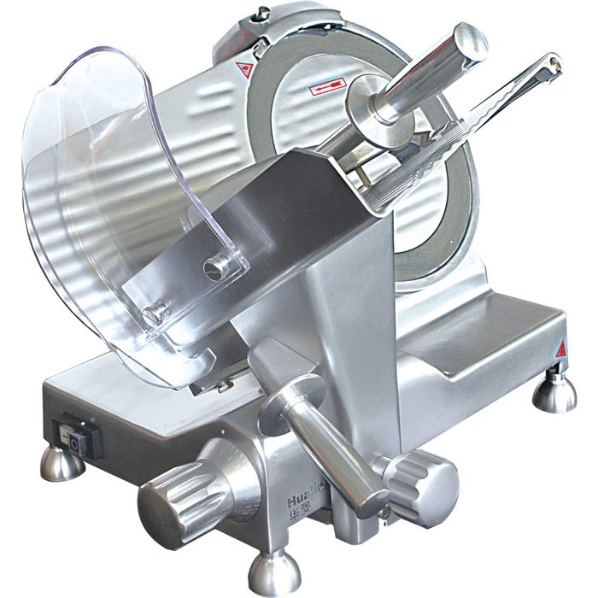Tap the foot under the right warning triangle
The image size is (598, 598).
click(x=554, y=392)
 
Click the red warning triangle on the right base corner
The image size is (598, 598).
click(x=560, y=349)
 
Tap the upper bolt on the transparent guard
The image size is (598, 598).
click(x=217, y=267)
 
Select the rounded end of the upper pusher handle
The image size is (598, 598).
click(x=469, y=43)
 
